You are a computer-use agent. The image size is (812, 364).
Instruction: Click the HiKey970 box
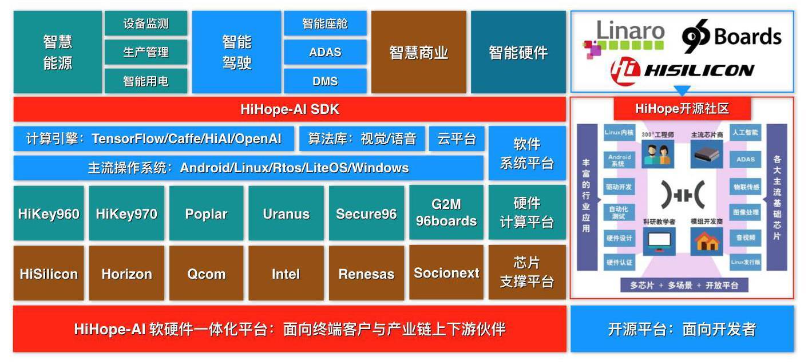click(126, 213)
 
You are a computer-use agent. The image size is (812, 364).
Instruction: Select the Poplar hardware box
click(206, 213)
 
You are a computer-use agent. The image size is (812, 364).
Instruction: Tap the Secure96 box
click(366, 213)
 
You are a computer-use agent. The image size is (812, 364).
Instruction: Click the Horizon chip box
click(126, 274)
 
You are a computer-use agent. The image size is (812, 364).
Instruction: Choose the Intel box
click(286, 274)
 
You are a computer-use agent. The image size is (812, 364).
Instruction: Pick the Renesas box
click(366, 274)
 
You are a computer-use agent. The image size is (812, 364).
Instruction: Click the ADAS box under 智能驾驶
click(325, 52)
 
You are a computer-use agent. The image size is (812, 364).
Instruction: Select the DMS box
click(325, 81)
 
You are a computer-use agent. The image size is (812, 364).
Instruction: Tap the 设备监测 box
click(146, 23)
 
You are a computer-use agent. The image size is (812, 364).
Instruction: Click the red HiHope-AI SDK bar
click(290, 109)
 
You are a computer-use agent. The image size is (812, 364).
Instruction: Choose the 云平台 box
click(457, 139)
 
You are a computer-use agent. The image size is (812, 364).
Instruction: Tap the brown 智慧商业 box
click(419, 52)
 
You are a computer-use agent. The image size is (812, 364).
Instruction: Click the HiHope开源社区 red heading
click(682, 108)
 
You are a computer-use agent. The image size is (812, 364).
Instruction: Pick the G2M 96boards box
click(446, 212)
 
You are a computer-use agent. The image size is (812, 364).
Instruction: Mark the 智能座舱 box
click(325, 23)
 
